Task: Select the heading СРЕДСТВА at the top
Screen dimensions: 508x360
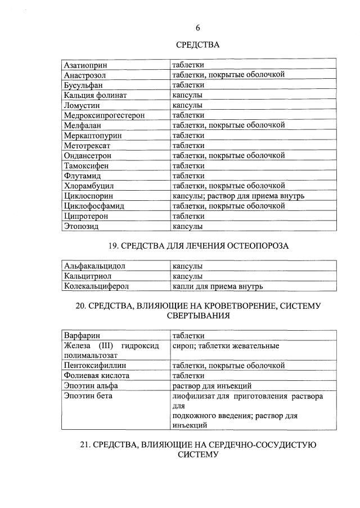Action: point(197,45)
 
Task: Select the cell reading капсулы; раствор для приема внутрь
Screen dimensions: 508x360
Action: point(238,196)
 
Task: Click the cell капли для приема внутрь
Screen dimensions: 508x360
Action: point(218,286)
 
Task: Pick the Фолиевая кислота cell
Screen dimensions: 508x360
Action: point(96,376)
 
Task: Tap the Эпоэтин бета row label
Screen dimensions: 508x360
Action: point(88,396)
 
